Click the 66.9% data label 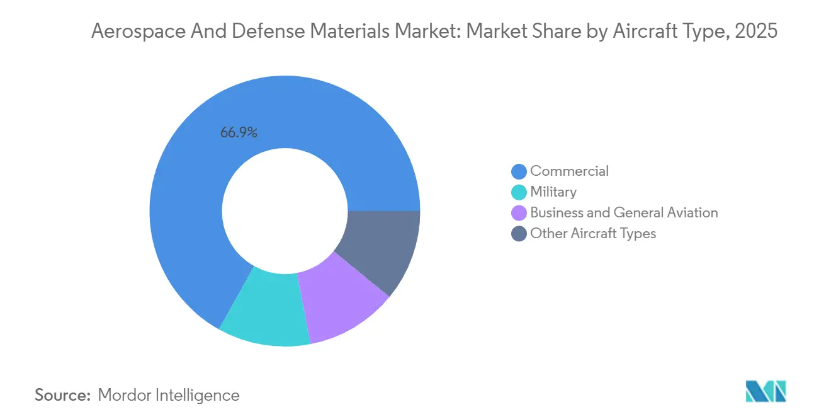pyautogui.click(x=239, y=133)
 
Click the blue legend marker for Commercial pyautogui.click(x=519, y=171)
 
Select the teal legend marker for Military pyautogui.click(x=519, y=192)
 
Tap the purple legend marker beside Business pyautogui.click(x=519, y=213)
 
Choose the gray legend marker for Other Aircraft pyautogui.click(x=519, y=234)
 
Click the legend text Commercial pyautogui.click(x=569, y=171)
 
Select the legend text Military pyautogui.click(x=553, y=192)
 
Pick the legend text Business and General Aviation pyautogui.click(x=623, y=213)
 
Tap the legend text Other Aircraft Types pyautogui.click(x=592, y=234)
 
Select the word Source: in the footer pyautogui.click(x=63, y=396)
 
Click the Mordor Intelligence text pyautogui.click(x=169, y=396)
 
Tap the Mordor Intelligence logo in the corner pyautogui.click(x=766, y=392)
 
